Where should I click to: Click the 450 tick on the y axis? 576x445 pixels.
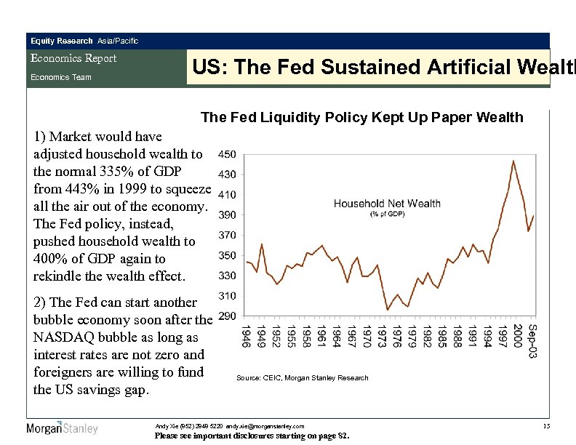coord(225,154)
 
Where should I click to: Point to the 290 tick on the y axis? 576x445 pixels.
coord(225,316)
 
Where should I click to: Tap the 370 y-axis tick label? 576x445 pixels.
coord(225,235)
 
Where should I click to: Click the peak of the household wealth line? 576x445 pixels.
coord(513,161)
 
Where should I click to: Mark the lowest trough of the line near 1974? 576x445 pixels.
coord(388,310)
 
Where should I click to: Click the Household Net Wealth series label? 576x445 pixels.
coord(387,203)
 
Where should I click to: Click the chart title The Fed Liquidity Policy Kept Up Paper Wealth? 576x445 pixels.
coord(361,117)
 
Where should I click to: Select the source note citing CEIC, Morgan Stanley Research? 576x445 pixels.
coord(303,378)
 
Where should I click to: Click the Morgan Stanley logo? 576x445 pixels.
coord(62,428)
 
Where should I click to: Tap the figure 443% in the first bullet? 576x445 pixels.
coord(81,188)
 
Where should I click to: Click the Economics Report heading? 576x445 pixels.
coord(73,59)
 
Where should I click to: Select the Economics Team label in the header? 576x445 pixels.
coord(60,77)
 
